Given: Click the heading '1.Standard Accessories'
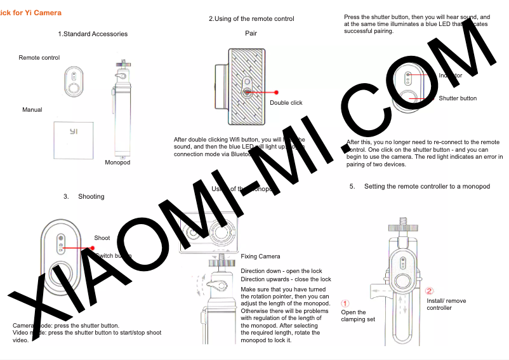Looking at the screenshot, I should coord(93,34).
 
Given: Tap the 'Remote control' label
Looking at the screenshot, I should coord(39,58).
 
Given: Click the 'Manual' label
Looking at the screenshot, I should coord(32,110).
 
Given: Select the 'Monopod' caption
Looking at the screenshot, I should coord(117,163).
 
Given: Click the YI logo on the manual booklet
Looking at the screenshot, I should coord(74,131).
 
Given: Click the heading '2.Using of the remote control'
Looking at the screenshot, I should coord(251,19).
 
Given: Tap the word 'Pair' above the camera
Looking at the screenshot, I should coord(251,33).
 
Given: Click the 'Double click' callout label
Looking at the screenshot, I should coord(286,103).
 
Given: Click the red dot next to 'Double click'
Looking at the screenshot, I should coord(277,93).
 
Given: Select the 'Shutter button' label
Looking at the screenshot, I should coord(458,98).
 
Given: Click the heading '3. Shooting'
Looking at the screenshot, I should coord(84,197).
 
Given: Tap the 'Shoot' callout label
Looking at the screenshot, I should coord(102,238).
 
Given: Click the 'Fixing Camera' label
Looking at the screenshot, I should coord(260,257).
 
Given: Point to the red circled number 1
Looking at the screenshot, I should coord(345,303).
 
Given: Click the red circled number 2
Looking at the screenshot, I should coord(430,291).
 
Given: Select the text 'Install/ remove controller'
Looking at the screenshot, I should coord(446,304).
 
